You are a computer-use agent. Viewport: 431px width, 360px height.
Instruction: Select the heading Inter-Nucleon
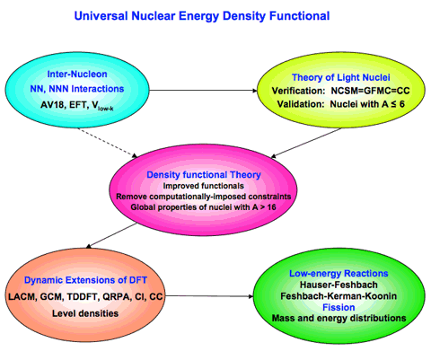[x=77, y=74]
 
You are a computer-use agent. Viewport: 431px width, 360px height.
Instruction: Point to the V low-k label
[x=102, y=106]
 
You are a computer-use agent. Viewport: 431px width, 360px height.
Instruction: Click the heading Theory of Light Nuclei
[x=341, y=77]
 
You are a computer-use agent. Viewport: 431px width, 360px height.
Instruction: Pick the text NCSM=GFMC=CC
[x=370, y=91]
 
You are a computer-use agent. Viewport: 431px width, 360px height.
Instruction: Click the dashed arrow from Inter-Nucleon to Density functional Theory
[x=107, y=143]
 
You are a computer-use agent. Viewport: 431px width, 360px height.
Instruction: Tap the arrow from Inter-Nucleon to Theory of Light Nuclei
[x=203, y=90]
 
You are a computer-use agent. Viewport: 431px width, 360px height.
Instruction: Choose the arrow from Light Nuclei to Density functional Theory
[x=306, y=143]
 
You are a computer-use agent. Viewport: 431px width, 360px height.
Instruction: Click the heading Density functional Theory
[x=204, y=175]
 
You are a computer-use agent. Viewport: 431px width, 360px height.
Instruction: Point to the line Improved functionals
[x=204, y=186]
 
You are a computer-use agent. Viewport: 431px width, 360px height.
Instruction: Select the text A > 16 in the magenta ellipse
[x=264, y=206]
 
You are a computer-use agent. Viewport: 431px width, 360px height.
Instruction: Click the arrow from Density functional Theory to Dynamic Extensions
[x=111, y=235]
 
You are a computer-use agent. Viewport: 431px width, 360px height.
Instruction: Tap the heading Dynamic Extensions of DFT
[x=85, y=280]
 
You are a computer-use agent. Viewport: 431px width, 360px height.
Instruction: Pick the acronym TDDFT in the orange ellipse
[x=83, y=296]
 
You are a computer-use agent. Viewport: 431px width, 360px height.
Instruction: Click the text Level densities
[x=85, y=313]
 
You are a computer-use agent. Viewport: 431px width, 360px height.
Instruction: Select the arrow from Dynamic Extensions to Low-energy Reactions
[x=209, y=296]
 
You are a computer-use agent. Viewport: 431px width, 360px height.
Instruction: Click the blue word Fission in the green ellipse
[x=339, y=307]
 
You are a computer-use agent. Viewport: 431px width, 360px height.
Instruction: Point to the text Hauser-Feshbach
[x=339, y=285]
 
